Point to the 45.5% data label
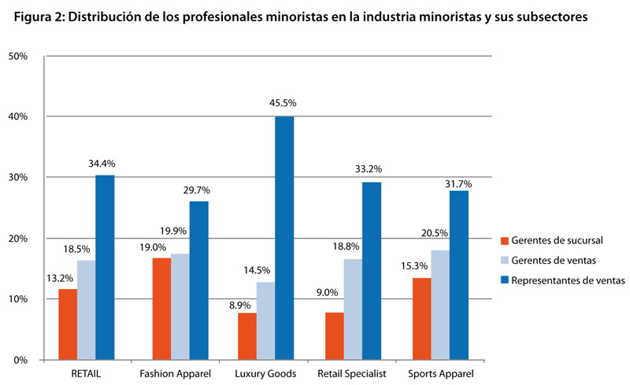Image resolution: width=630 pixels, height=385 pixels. point(283,103)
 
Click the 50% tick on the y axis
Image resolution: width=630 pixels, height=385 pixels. point(17,56)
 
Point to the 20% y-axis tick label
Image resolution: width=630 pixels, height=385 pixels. point(17,239)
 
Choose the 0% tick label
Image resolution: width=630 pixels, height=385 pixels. point(20,360)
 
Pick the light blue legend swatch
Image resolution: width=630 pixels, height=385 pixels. point(503,260)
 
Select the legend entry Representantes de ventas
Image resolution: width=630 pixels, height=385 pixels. point(567,280)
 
